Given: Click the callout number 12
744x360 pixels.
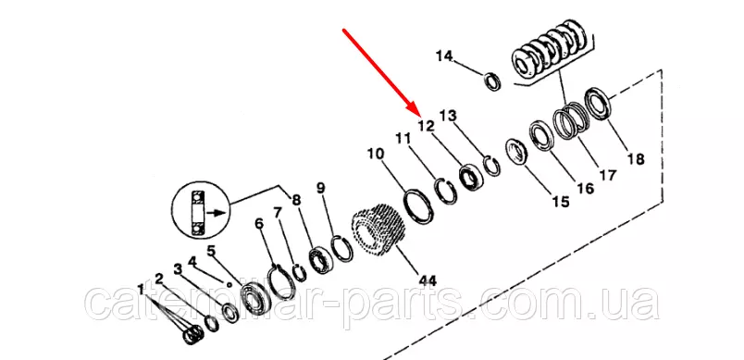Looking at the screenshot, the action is click(426, 126).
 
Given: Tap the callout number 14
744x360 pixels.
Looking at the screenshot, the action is click(444, 56).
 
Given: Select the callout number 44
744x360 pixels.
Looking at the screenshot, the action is click(427, 280).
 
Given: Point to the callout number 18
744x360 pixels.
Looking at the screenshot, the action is click(636, 159).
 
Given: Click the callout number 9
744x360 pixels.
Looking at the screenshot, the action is click(321, 188).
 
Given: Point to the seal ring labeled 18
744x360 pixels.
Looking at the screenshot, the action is click(597, 104).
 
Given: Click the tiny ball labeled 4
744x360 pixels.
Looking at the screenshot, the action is click(229, 285).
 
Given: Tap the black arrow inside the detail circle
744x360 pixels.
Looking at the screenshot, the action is click(217, 213).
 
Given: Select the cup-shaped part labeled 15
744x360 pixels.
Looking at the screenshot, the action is click(516, 151).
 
